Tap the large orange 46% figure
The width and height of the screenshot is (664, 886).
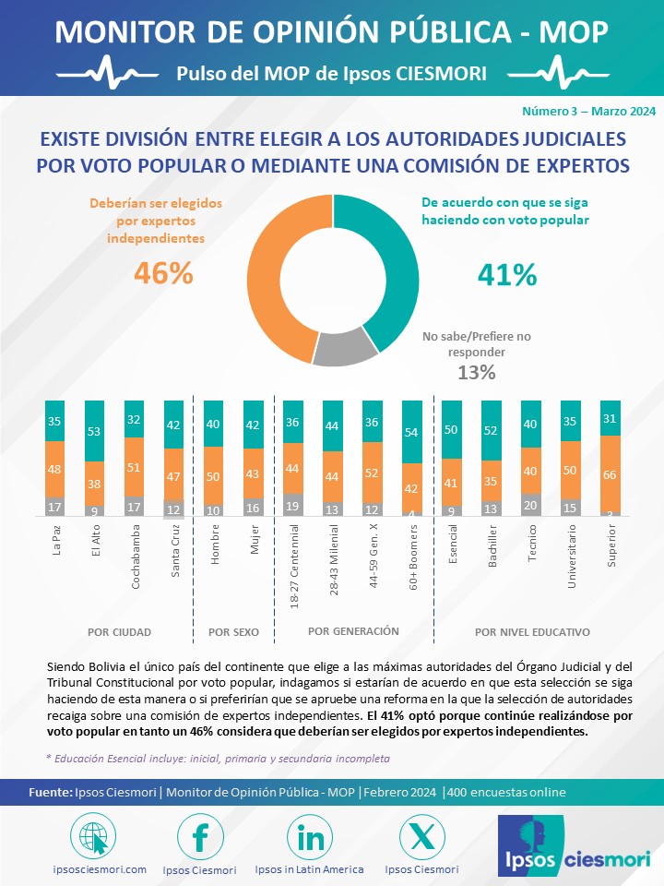click(163, 273)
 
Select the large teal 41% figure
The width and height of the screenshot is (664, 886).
click(506, 274)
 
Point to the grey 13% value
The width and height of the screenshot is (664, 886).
click(477, 372)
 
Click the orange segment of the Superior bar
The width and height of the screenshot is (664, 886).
click(611, 474)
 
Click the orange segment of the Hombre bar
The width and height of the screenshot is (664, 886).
click(214, 476)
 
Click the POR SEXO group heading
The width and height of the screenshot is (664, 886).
click(233, 633)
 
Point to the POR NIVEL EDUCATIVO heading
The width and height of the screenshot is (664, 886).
click(532, 633)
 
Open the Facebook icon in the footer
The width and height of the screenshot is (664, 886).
click(200, 836)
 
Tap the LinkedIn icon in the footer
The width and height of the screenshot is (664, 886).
click(310, 836)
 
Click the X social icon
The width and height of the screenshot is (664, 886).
click(421, 836)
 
